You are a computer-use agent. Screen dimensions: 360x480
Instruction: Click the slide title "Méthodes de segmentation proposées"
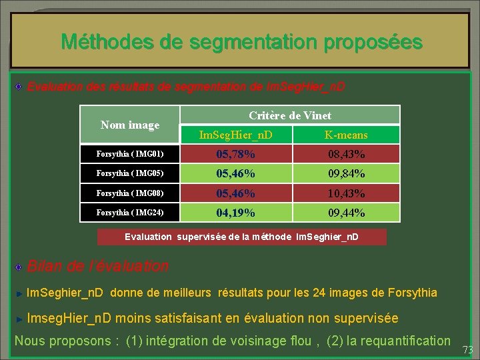pos(241,42)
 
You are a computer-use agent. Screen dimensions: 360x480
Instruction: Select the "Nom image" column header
pos(130,125)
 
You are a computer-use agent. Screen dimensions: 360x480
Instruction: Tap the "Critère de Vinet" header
pos(290,115)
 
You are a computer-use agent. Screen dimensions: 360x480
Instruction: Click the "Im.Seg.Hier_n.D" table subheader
pos(236,135)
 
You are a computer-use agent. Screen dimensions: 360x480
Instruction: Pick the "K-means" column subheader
pos(346,135)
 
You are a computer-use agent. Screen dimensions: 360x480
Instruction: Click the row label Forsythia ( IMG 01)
pos(121,155)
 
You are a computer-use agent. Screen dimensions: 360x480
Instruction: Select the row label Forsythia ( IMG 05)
pos(121,174)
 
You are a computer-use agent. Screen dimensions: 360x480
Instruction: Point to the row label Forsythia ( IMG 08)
pos(121,193)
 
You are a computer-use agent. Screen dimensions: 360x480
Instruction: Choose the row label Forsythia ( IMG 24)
pos(121,213)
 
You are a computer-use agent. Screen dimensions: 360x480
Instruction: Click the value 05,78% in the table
pos(235,155)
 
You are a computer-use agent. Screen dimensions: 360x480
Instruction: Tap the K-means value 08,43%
pos(346,155)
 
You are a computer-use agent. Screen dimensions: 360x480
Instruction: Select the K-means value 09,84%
pos(346,174)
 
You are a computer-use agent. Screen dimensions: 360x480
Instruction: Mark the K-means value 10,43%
pos(346,193)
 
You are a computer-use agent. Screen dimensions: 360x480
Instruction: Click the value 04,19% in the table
pos(235,213)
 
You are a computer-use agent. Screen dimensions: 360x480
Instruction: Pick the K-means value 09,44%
pos(346,213)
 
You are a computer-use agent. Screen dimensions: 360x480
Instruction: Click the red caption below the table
pos(241,237)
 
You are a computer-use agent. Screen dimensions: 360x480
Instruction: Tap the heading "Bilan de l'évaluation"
pos(97,266)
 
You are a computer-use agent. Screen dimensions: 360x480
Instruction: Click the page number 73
pos(467,349)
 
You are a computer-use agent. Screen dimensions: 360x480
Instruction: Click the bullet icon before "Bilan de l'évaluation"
pos(20,267)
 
